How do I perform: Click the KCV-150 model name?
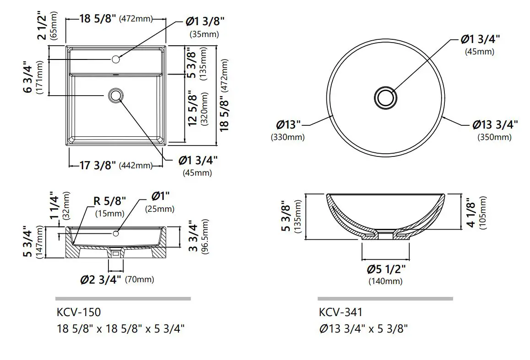pos(79,312)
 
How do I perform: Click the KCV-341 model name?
pos(341,312)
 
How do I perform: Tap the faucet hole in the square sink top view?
pos(115,59)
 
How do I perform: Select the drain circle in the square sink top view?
pos(115,95)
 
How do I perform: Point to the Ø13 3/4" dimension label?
pos(495,125)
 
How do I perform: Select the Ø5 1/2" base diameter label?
pos(385,269)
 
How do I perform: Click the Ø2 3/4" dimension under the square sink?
pos(101,279)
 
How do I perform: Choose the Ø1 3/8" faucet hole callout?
pos(205,21)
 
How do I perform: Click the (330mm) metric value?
pos(288,137)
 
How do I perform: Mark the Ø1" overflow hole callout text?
pos(160,196)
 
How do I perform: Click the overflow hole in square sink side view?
pos(115,234)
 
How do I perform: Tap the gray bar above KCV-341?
pos(385,299)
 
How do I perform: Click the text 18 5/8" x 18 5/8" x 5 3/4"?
pos(121,328)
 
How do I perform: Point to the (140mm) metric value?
pos(385,281)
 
